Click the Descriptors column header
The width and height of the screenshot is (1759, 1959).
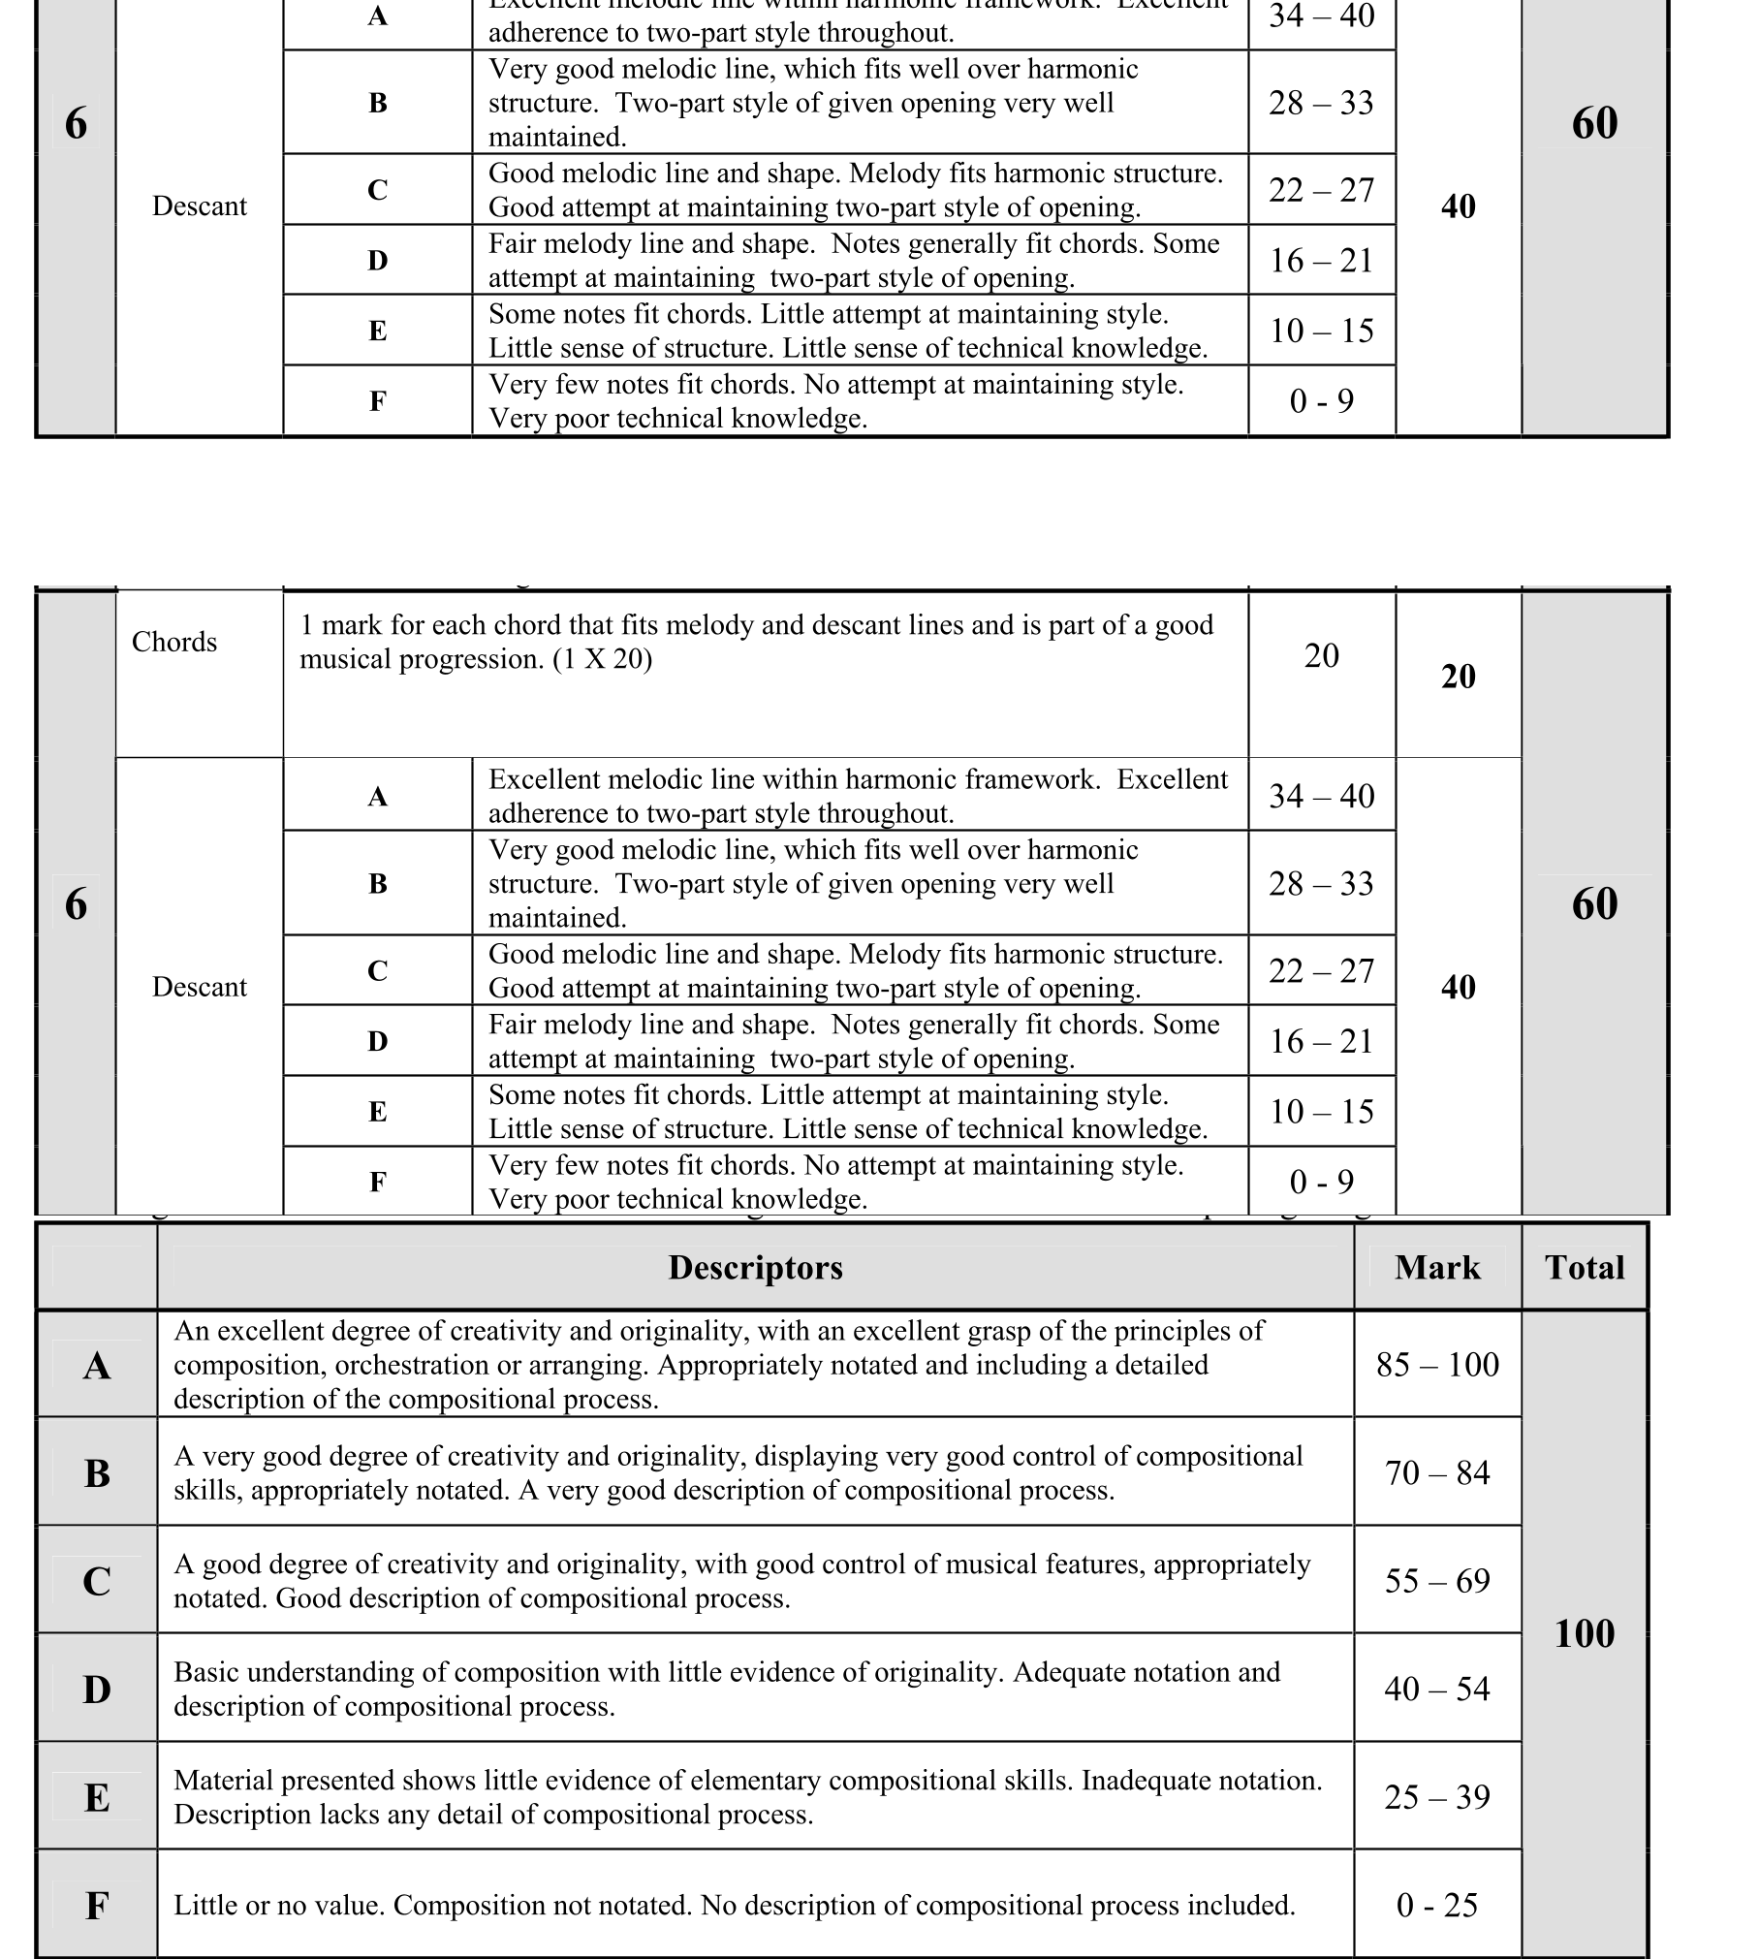click(755, 1268)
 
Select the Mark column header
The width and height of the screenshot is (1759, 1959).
click(1437, 1268)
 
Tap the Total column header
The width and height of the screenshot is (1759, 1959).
click(1585, 1268)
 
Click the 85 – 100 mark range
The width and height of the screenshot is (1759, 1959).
click(1437, 1365)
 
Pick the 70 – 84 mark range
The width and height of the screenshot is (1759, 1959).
click(1437, 1473)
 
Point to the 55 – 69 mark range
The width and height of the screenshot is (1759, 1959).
click(1437, 1581)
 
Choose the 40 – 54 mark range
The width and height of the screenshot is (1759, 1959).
click(1437, 1690)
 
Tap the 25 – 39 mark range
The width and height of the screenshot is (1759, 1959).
click(1437, 1797)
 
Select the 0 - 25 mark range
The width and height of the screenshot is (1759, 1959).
click(1437, 1906)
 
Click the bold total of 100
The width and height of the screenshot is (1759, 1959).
click(1585, 1634)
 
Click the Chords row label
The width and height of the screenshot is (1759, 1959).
click(174, 642)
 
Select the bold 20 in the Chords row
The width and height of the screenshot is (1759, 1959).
click(1459, 677)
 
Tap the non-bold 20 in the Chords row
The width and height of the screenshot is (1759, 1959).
click(1321, 656)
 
